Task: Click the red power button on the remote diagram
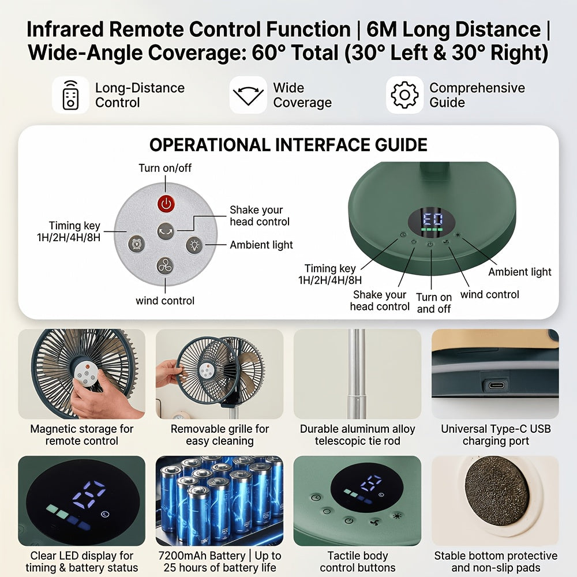click(166, 204)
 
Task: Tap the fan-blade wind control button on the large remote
click(165, 265)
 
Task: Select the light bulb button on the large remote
click(194, 245)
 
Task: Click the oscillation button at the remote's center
click(166, 231)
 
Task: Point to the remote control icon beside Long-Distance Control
click(70, 95)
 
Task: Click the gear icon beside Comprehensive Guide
click(404, 95)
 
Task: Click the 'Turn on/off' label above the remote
click(165, 168)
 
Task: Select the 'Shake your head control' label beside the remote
click(260, 216)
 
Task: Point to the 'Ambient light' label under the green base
click(520, 272)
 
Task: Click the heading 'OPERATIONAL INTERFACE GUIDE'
click(288, 145)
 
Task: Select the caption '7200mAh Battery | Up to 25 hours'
click(220, 561)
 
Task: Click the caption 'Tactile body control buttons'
click(357, 561)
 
